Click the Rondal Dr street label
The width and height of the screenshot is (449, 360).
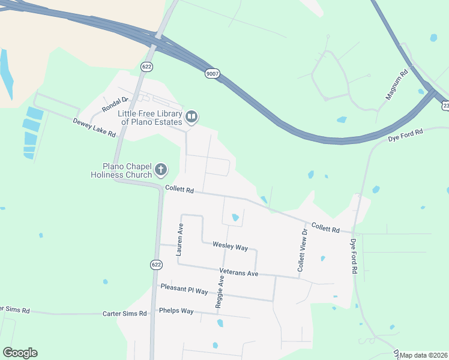tap(115, 104)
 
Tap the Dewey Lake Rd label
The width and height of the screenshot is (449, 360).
tap(94, 127)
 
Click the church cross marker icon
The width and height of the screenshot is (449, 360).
tap(161, 170)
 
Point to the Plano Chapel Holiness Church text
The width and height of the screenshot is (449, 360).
tap(126, 170)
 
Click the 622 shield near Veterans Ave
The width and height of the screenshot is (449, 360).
tap(156, 264)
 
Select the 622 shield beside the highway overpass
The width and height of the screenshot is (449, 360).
tap(147, 65)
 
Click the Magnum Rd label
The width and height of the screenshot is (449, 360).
tap(396, 84)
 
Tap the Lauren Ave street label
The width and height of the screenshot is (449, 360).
tap(179, 240)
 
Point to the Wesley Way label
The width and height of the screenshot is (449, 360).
tap(230, 246)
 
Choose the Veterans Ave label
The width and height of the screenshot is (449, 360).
tap(238, 273)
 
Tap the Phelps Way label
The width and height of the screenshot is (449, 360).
tap(176, 311)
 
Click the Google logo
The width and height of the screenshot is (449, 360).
tap(20, 353)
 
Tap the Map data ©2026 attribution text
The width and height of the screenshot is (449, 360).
tap(424, 355)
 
